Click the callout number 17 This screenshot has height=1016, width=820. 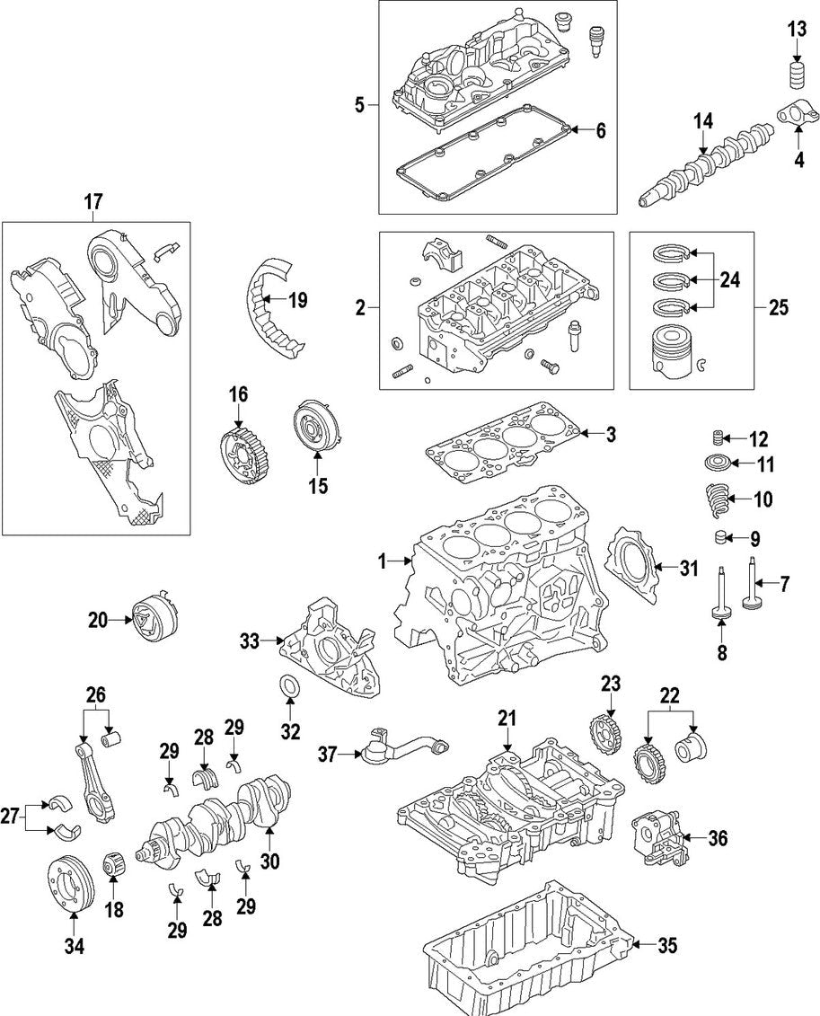[93, 204]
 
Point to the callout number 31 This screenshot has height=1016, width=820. [688, 567]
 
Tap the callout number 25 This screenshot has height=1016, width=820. [778, 307]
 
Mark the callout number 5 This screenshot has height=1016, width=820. [360, 106]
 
